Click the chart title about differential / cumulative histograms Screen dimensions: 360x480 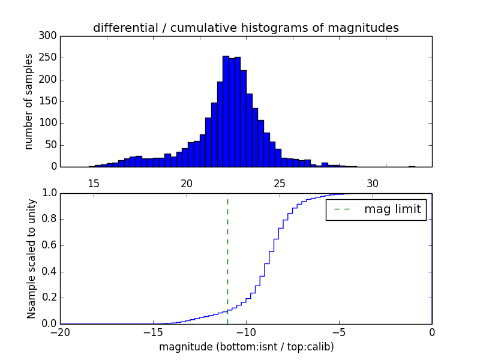coord(246,28)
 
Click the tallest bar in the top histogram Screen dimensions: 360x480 coord(226,112)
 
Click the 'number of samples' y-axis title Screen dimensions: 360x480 coord(29,101)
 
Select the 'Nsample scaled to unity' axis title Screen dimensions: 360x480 coord(31,259)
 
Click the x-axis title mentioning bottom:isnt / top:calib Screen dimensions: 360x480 coord(246,347)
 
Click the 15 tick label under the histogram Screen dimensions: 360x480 coord(94,184)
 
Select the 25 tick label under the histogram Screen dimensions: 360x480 coord(280,184)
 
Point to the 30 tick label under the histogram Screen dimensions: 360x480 coord(373,184)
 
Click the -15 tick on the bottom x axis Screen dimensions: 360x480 coord(153,332)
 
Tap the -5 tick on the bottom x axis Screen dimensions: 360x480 coord(339,332)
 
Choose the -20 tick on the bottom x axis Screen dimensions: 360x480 coord(60,332)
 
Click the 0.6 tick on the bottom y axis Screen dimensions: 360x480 coord(49,245)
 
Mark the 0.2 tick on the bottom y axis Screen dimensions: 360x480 coord(49,298)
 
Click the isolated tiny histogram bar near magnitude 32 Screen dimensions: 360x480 coord(412,166)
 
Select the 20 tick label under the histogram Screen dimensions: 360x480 coord(187,184)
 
